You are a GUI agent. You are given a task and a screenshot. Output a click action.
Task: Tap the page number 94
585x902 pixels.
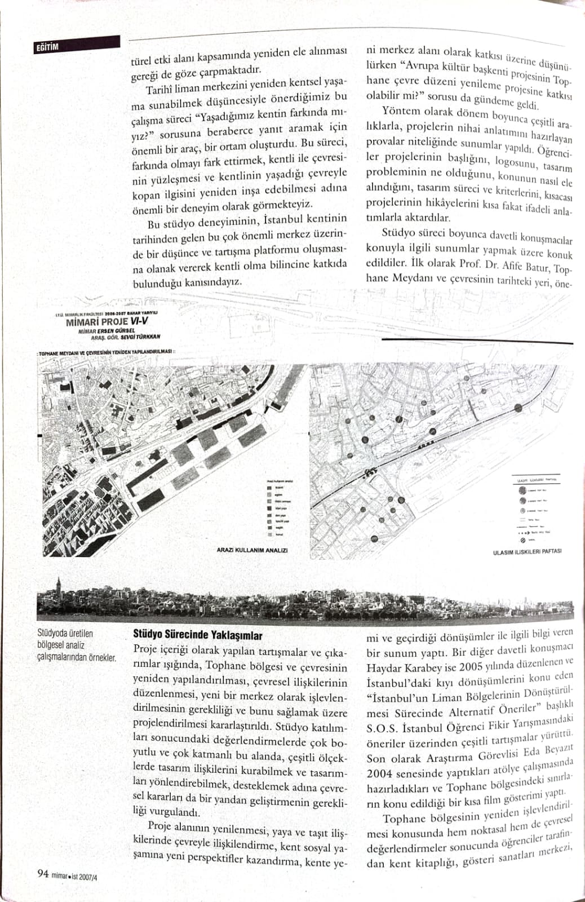pos(42,874)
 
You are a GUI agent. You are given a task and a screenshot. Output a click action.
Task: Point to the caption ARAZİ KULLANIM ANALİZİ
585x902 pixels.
pos(252,550)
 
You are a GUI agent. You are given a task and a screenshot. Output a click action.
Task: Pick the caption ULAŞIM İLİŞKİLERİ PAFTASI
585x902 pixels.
pos(527,551)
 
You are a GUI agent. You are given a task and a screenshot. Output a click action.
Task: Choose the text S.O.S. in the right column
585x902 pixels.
pos(384,727)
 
